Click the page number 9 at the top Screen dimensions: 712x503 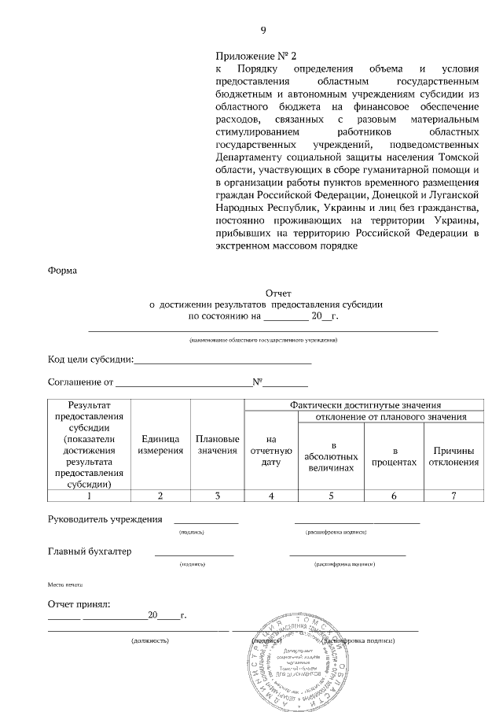pos(263,31)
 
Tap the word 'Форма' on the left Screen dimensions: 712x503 pos(63,271)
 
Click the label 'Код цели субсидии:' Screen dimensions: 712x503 pos(90,360)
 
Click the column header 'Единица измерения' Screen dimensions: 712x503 pos(161,445)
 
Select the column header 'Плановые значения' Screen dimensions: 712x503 pos(218,445)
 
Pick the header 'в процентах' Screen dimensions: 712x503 pos(394,456)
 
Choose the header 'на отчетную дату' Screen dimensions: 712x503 pos(271,451)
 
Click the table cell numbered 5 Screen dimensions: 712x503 pos(331,496)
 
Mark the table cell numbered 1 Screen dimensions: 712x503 pos(89,496)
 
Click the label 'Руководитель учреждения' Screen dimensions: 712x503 pos(105,519)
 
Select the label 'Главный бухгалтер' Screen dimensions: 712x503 pos(90,552)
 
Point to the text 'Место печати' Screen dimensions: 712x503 pos(65,585)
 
